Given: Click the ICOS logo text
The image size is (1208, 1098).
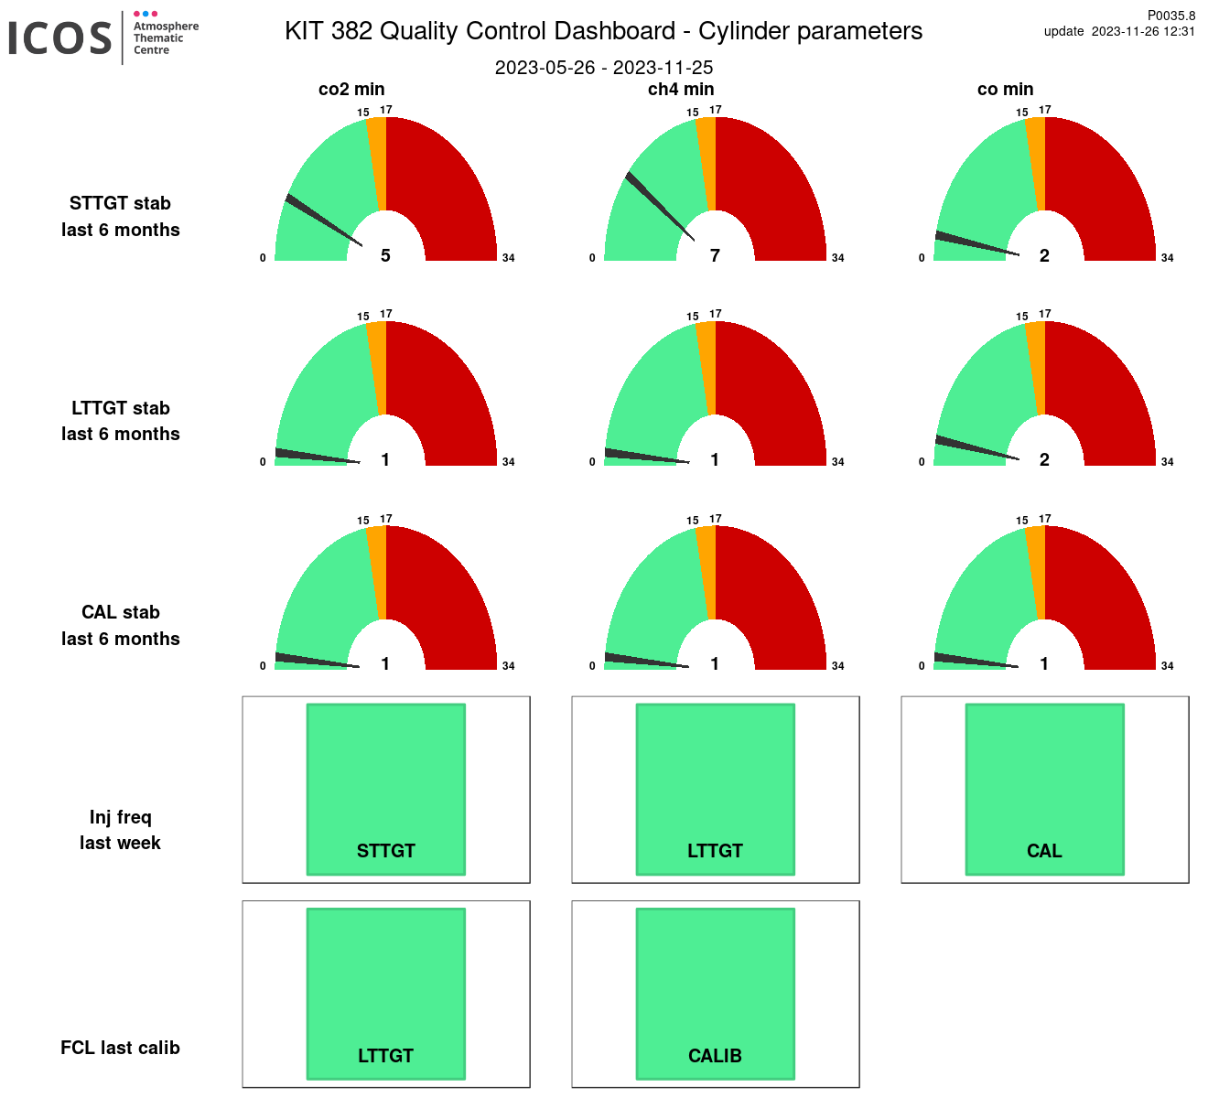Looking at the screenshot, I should pyautogui.click(x=60, y=38).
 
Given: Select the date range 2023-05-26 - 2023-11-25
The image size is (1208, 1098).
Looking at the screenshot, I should pyautogui.click(x=604, y=68).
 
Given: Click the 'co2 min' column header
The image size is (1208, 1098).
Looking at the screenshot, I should pyautogui.click(x=351, y=90).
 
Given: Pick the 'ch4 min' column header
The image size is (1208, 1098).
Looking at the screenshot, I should pyautogui.click(x=681, y=90).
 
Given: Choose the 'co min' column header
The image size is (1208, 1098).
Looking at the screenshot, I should pyautogui.click(x=1006, y=90).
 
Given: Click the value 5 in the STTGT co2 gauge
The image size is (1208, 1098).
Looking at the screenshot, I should pyautogui.click(x=385, y=256).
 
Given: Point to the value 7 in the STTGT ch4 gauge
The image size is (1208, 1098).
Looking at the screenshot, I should pyautogui.click(x=715, y=256).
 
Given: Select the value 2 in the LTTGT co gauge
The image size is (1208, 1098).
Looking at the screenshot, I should pyautogui.click(x=1044, y=460).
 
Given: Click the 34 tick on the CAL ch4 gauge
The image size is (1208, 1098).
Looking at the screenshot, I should pyautogui.click(x=837, y=666).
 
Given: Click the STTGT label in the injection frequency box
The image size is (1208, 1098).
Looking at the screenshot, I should pyautogui.click(x=386, y=851).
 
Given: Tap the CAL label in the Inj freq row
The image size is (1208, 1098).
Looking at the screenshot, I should pyautogui.click(x=1044, y=851).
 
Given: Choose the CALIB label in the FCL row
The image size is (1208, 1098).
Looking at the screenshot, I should pyautogui.click(x=715, y=1056).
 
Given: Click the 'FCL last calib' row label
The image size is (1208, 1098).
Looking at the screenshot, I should pyautogui.click(x=120, y=1048).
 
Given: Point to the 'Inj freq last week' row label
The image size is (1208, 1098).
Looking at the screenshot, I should pyautogui.click(x=120, y=830).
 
